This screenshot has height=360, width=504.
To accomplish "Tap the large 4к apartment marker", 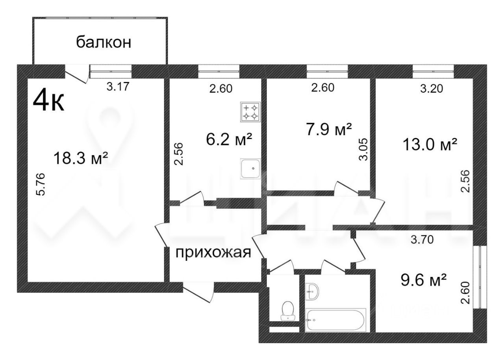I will pos(48,101).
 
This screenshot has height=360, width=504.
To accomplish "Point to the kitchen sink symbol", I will pos(250,169).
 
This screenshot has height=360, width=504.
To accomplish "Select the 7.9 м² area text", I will pos(328,129).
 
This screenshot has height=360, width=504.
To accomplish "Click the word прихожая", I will pos(213,252).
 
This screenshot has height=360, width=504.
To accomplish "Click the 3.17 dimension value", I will pos(118,86).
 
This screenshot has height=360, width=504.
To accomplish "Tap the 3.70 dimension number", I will pos(422,239).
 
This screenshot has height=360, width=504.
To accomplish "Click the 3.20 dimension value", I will pos(432,88).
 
